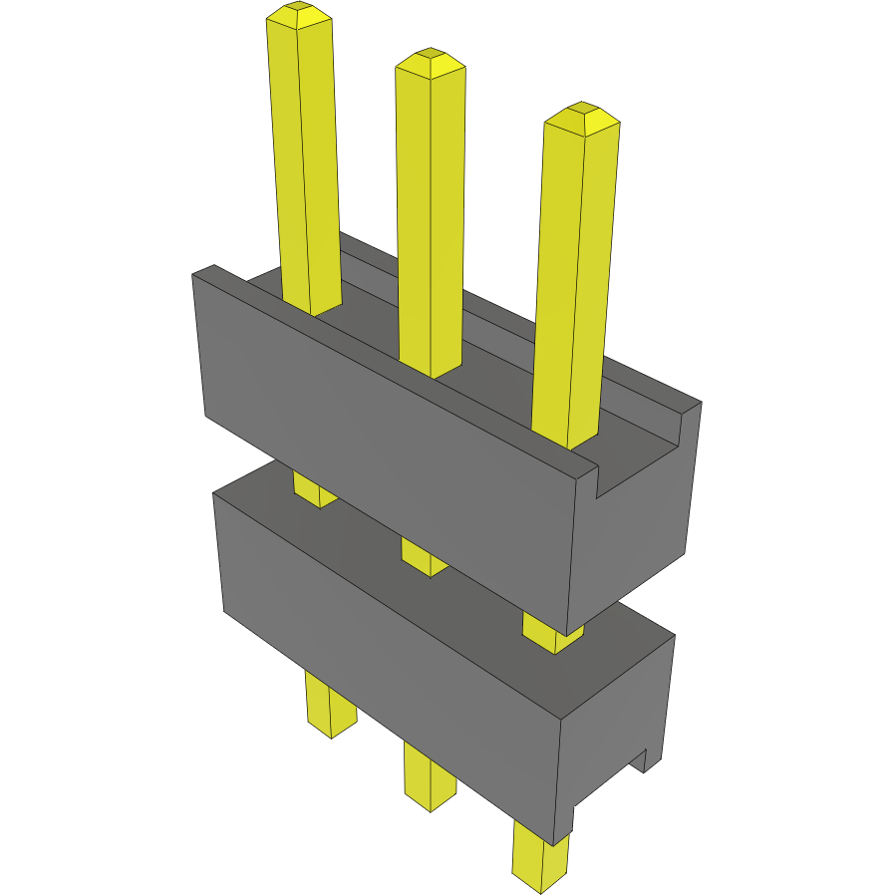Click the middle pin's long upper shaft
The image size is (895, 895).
pyautogui.click(x=431, y=219)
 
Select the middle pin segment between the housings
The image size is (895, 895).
pyautogui.click(x=424, y=555)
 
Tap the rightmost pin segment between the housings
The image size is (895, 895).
pyautogui.click(x=551, y=632)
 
